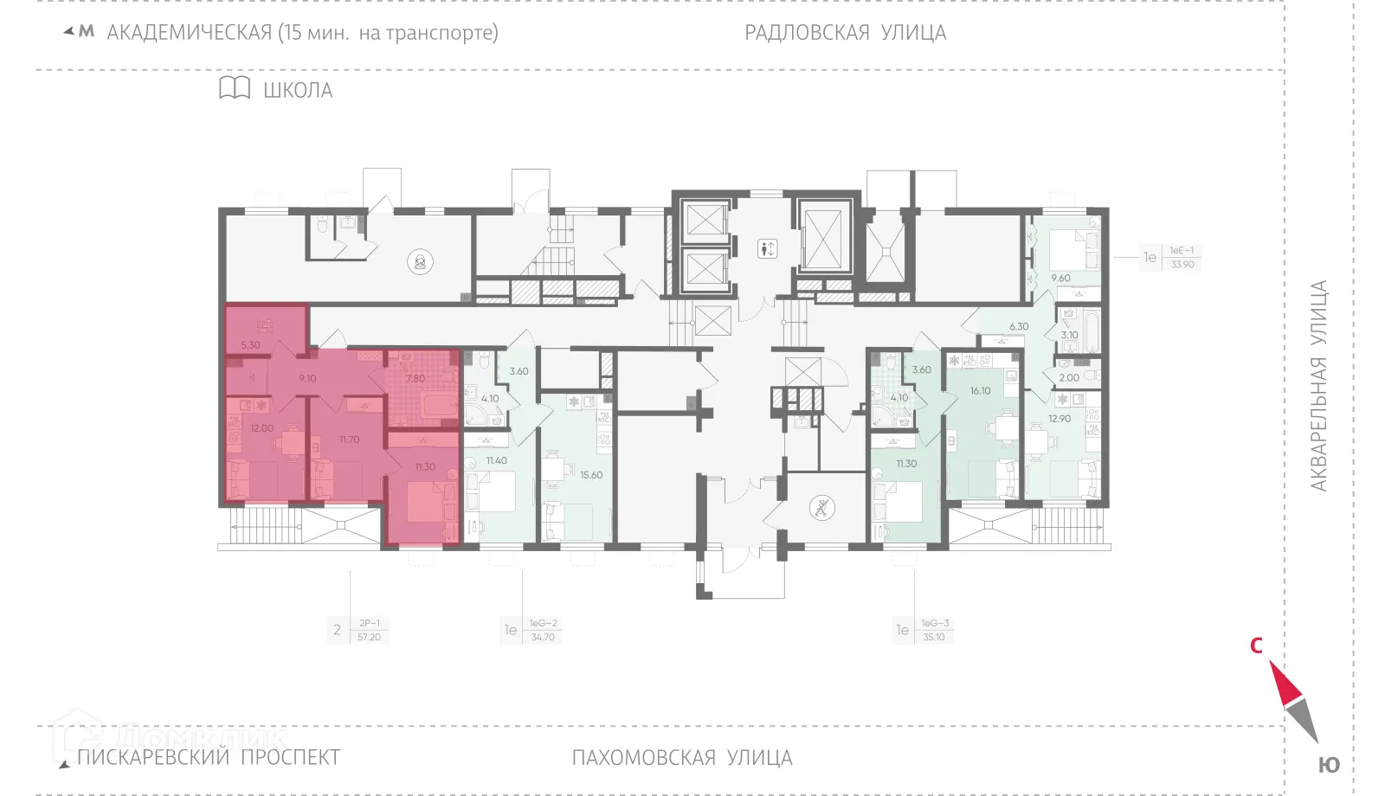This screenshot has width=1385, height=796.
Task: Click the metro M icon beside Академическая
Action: [86, 32]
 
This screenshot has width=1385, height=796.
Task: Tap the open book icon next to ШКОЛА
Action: [235, 88]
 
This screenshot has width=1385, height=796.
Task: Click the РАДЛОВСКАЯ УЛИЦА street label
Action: [845, 33]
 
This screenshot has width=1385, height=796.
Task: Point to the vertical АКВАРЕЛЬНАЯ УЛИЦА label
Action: [1317, 386]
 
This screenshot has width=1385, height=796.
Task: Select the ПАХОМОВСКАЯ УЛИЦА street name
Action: [681, 758]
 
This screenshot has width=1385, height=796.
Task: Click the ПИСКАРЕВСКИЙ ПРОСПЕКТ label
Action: [209, 757]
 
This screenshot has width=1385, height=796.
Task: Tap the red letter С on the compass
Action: [1256, 645]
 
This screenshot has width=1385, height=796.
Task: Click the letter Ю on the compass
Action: [1329, 766]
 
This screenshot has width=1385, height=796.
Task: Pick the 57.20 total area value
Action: [369, 638]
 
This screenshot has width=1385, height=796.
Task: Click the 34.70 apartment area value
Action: [543, 638]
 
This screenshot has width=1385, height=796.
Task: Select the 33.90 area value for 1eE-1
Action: [1182, 265]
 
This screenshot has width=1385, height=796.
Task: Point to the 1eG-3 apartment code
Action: [935, 623]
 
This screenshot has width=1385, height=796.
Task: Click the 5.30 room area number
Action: [250, 345]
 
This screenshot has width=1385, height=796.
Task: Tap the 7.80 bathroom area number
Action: [415, 378]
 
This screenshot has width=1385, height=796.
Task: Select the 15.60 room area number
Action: [591, 475]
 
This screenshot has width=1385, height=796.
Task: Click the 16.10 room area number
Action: [980, 391]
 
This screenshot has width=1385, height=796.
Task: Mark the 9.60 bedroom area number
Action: [1060, 279]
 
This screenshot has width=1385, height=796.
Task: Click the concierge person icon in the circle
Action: [421, 261]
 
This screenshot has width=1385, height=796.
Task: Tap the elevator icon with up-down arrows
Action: [766, 248]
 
